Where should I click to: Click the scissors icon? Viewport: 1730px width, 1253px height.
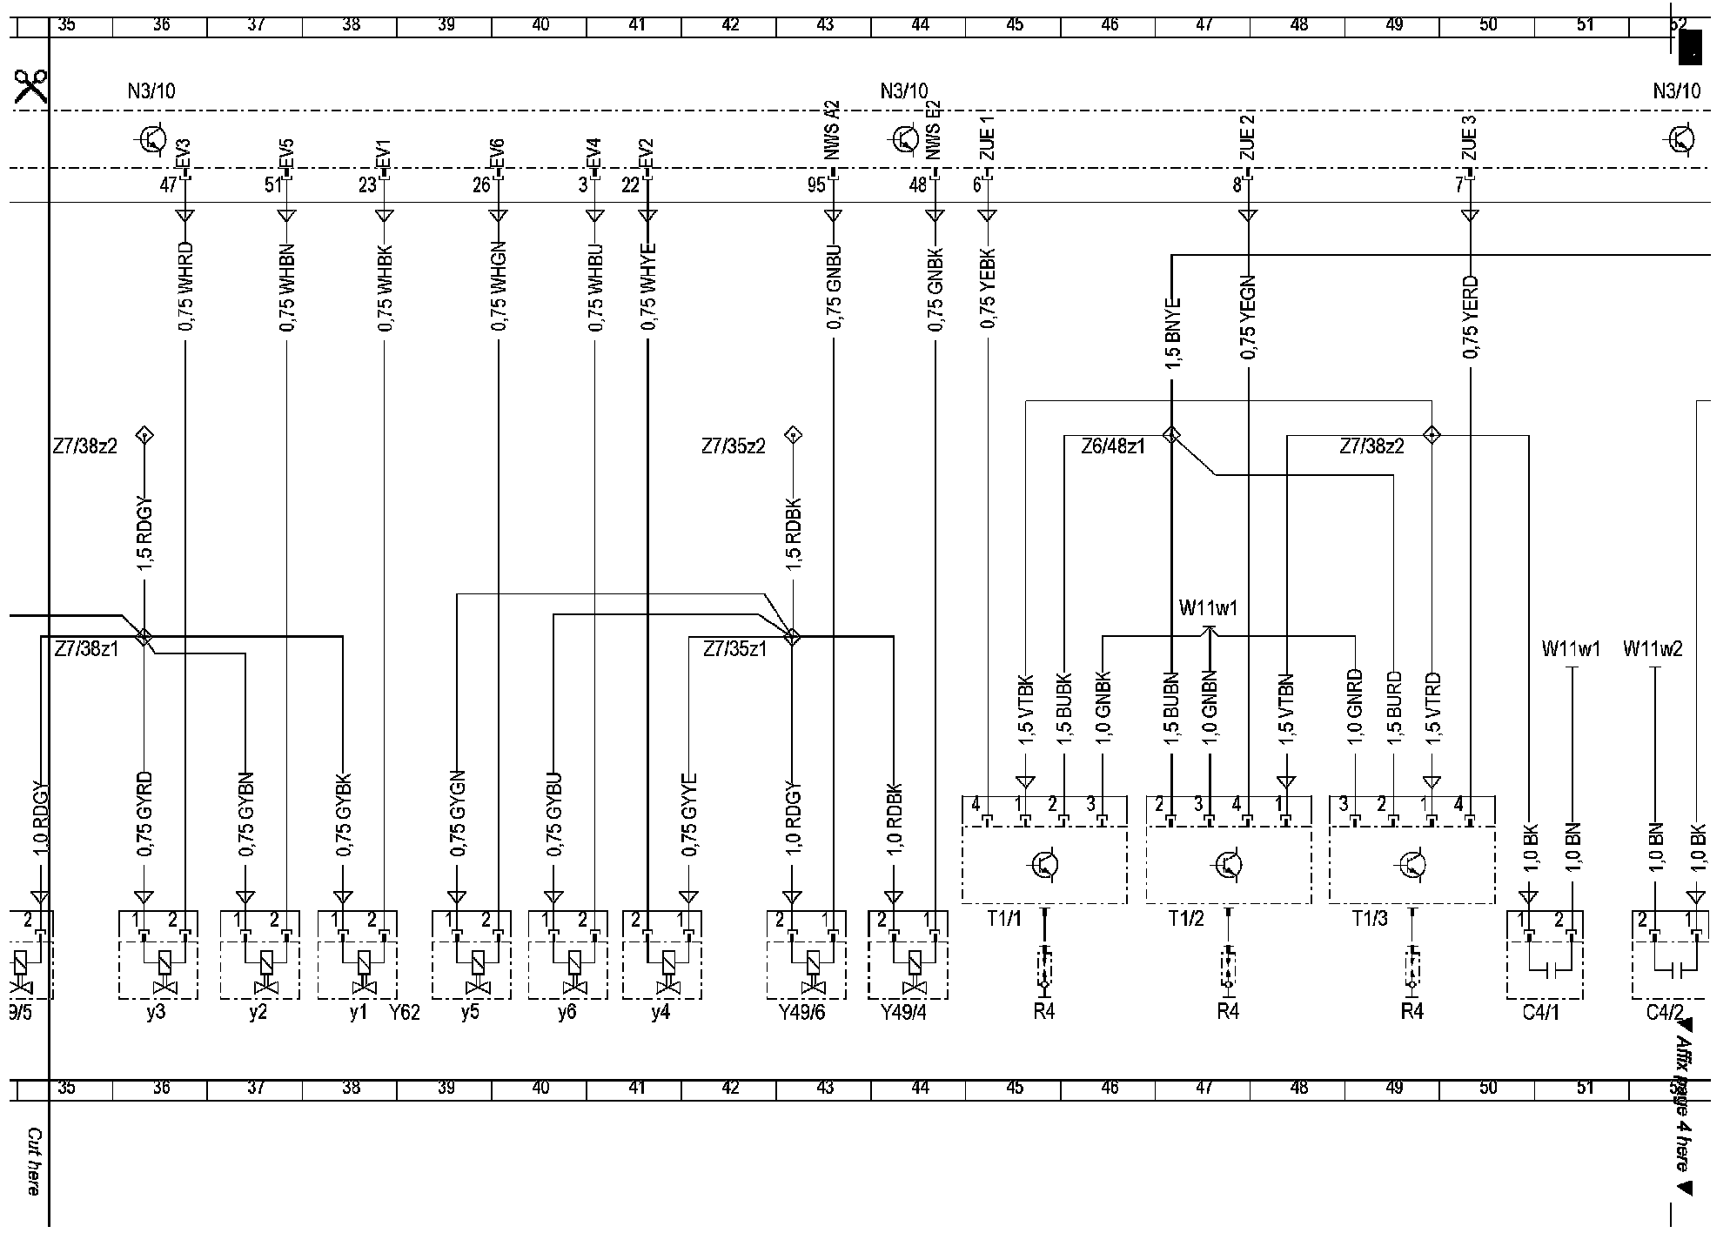[30, 88]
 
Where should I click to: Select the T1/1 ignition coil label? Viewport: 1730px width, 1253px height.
[1005, 919]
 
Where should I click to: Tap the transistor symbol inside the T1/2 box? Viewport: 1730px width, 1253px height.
[1228, 864]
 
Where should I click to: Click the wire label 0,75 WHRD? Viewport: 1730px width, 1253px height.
[185, 287]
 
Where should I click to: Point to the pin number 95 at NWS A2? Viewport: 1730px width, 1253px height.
[815, 184]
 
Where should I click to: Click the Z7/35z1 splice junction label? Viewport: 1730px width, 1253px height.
[734, 648]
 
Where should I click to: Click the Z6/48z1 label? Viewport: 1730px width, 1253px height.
[1112, 446]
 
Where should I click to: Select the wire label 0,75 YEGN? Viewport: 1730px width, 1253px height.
[1248, 317]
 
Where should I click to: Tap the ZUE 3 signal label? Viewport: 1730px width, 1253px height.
[1470, 138]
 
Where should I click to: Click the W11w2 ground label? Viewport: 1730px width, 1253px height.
[1653, 648]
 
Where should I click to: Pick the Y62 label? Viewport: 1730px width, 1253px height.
[405, 1012]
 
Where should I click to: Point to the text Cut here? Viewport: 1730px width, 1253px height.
[33, 1162]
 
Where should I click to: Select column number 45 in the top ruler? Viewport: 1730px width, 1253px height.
[1015, 25]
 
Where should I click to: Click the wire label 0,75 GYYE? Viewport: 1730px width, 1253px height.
[689, 816]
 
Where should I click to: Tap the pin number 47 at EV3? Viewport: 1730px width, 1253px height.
[168, 184]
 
